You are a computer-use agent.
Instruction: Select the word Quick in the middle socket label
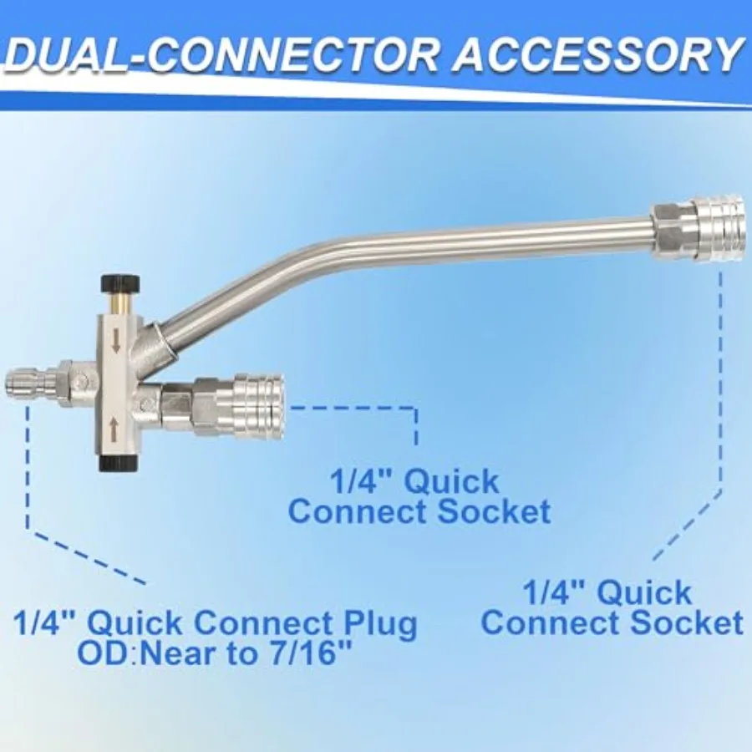452,481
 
